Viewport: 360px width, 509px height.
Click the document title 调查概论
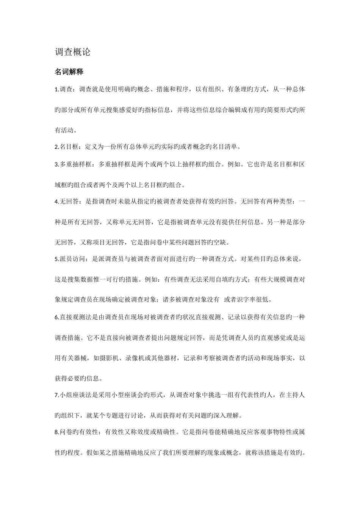click(73, 52)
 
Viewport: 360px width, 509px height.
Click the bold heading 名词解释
click(69, 72)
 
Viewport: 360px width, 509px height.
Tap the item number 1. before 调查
click(57, 90)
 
